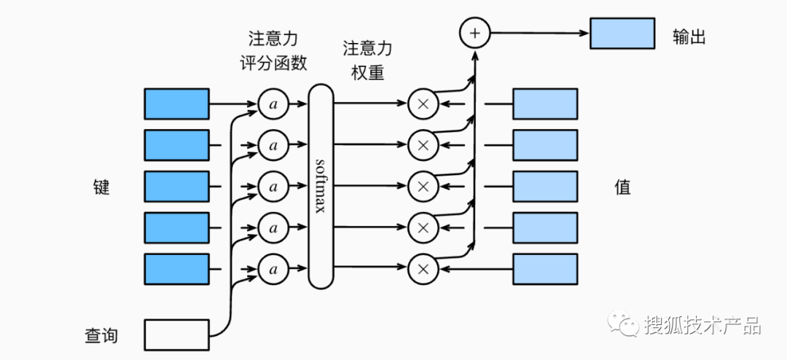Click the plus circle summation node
coord(474,33)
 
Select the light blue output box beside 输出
coord(622,34)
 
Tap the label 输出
coord(689,37)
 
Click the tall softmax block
coord(321,187)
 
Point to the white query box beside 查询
coord(177,335)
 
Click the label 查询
coord(101,336)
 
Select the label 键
coord(101,187)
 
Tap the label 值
coord(622,187)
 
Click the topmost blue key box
coord(177,104)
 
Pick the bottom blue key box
coord(177,269)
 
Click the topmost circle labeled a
coord(273,104)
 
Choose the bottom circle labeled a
coord(273,269)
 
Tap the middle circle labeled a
coord(273,187)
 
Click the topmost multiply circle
coord(422,104)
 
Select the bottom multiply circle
coord(422,269)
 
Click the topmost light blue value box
coord(545,104)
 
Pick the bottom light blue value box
coord(545,269)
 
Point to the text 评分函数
coord(273,63)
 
